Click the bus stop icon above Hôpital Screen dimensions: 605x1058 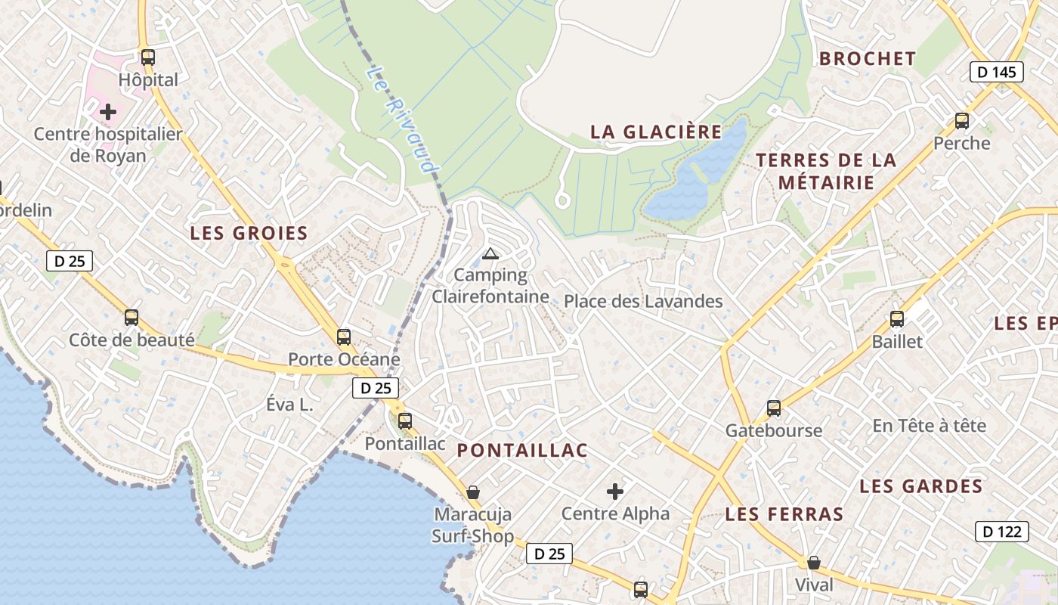coord(148,57)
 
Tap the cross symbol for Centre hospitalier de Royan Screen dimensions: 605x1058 coord(108,112)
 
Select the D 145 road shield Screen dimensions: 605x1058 coord(996,72)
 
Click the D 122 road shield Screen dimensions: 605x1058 coord(1001,532)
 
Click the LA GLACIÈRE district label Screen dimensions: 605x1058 coord(656,132)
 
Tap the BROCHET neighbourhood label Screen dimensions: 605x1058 coord(868,58)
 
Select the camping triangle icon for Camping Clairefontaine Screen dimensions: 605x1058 coord(490,253)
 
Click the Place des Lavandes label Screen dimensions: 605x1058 coord(643,302)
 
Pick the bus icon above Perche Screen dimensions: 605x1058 coord(961,120)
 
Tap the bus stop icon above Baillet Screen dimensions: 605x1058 coord(897,319)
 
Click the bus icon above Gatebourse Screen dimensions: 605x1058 coord(774,408)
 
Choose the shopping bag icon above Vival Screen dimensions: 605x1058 coord(813,563)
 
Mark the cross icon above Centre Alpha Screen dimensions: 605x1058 coord(615,492)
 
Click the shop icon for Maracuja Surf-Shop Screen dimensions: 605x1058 coord(472,492)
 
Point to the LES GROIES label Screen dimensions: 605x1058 coord(249,233)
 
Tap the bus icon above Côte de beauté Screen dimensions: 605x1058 coord(131,318)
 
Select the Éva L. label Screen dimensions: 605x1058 coord(289,405)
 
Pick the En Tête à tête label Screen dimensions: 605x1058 coord(929,426)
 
